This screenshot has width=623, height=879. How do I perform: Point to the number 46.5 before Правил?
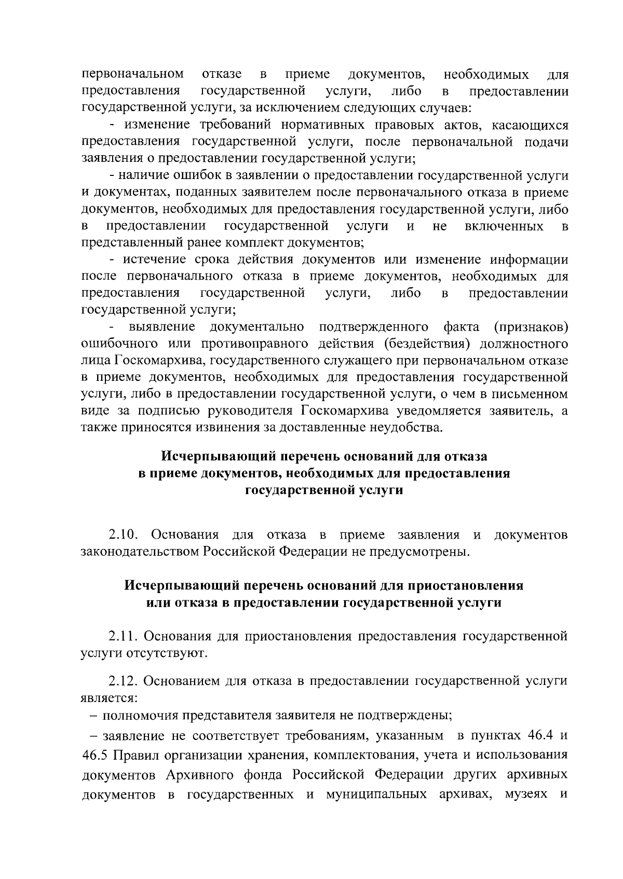pos(95,754)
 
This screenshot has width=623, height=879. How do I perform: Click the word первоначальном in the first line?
pos(132,75)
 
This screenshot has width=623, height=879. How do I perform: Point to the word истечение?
pos(154,259)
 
